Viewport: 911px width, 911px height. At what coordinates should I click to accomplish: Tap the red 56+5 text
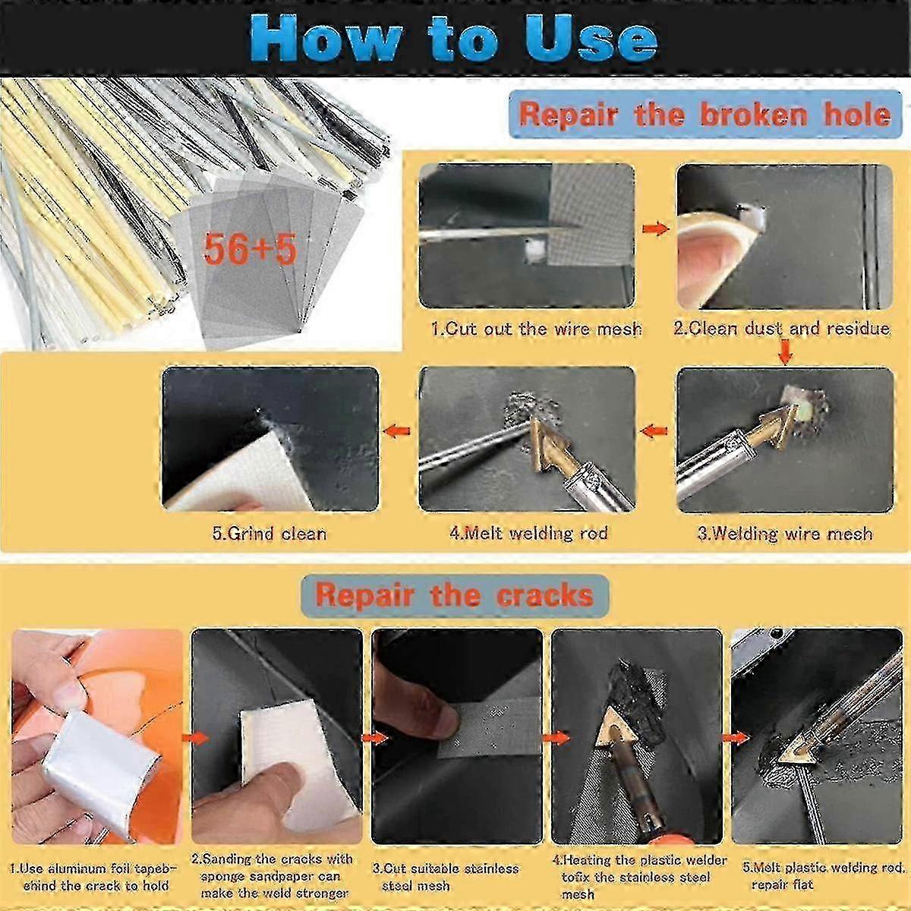coord(250,249)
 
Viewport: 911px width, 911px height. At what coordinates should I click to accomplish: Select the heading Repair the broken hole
coord(705,115)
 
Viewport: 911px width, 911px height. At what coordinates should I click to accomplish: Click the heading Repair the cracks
coord(454,594)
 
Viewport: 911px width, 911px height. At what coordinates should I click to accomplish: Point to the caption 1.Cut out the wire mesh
coord(536,329)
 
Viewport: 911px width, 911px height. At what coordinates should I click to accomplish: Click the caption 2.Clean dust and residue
coord(782,329)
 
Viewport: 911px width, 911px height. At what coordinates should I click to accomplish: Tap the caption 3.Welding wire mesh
coord(785,534)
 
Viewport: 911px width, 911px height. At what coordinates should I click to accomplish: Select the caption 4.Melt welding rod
coord(528,534)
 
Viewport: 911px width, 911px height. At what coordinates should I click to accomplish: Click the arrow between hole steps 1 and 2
coord(656,229)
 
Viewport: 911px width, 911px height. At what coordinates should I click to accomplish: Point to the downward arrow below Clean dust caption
coord(785,352)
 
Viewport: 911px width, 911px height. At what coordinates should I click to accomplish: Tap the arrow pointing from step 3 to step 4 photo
coord(654,430)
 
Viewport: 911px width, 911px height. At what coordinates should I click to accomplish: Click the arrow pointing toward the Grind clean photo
coord(396,430)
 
